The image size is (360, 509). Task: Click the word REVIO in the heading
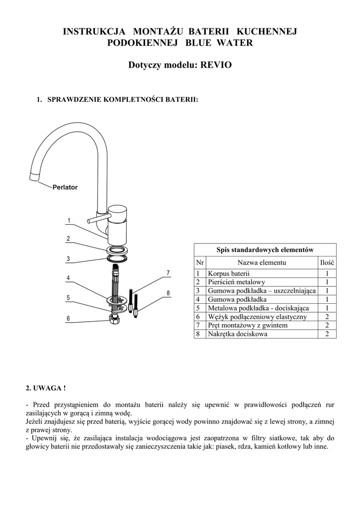coord(216,65)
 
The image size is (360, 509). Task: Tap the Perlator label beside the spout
coord(65,187)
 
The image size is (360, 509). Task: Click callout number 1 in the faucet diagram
coord(68,220)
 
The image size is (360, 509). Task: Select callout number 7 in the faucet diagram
coord(168,273)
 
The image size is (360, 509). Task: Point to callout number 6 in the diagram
coord(68,318)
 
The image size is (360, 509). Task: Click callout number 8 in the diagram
coord(168,293)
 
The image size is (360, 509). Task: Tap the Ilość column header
coord(327,262)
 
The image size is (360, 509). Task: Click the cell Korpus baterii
coord(229,274)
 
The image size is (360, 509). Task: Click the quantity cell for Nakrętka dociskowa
coord(327,334)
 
